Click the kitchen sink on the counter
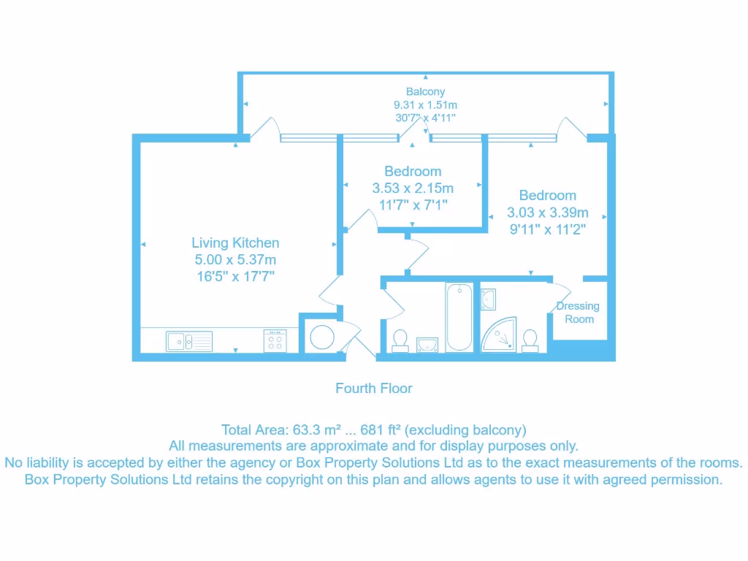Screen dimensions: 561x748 [188, 341]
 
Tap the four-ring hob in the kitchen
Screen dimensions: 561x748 [275, 341]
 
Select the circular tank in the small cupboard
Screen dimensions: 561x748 [321, 337]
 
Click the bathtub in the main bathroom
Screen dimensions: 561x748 [458, 318]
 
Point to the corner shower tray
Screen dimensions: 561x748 [498, 333]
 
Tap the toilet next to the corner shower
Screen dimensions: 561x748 [530, 340]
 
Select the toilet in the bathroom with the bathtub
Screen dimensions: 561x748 [400, 340]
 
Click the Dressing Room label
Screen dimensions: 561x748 [579, 313]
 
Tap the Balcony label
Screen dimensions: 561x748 [425, 92]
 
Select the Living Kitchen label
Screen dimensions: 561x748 [235, 243]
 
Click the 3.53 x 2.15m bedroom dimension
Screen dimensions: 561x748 [413, 188]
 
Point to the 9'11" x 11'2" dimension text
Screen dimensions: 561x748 [547, 229]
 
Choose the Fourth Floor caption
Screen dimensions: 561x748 [374, 389]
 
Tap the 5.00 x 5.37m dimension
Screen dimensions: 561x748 [234, 259]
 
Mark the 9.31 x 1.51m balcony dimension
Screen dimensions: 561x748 [425, 105]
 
